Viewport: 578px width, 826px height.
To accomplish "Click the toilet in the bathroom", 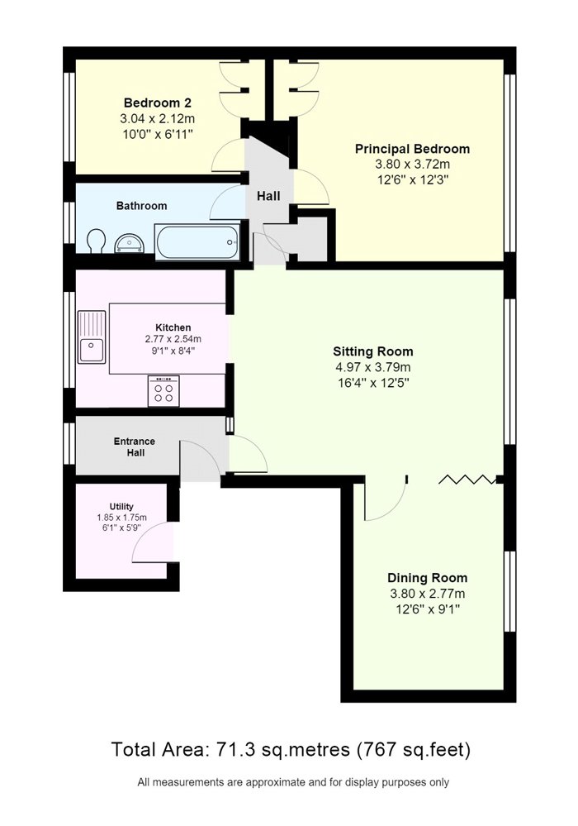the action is click(x=95, y=241).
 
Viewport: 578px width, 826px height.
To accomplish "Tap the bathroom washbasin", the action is click(x=128, y=242).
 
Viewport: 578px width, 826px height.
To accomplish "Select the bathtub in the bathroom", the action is click(x=197, y=241).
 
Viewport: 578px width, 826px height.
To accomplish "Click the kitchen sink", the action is click(x=92, y=337).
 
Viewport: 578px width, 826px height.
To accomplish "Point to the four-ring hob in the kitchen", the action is click(x=163, y=391).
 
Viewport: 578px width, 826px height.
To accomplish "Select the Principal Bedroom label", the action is click(x=412, y=149).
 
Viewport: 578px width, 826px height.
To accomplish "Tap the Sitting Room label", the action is click(x=373, y=351).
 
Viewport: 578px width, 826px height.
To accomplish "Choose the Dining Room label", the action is click(x=427, y=578).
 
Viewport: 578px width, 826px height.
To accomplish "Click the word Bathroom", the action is click(x=141, y=206).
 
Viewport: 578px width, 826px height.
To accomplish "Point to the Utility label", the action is click(x=121, y=507).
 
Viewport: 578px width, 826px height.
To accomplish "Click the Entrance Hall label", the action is click(x=135, y=446).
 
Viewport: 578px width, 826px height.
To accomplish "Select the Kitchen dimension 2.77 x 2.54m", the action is click(x=173, y=339).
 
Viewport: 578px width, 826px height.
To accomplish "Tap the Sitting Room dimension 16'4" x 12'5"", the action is click(x=373, y=383).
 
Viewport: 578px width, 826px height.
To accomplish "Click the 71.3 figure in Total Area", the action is click(x=229, y=749).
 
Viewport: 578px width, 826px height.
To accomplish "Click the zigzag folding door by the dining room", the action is click(x=467, y=479).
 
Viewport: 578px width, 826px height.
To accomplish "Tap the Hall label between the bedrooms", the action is click(x=268, y=197).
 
